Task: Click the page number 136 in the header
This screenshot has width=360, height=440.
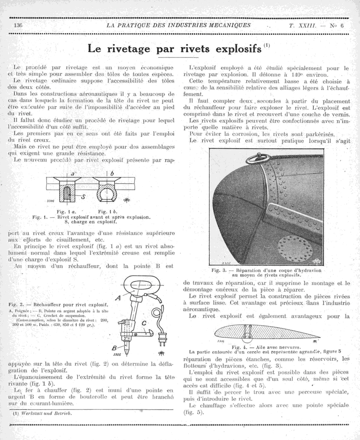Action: point(17,26)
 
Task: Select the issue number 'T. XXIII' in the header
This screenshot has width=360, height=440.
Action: point(303,26)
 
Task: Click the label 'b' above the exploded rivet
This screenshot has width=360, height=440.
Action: point(112,173)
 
